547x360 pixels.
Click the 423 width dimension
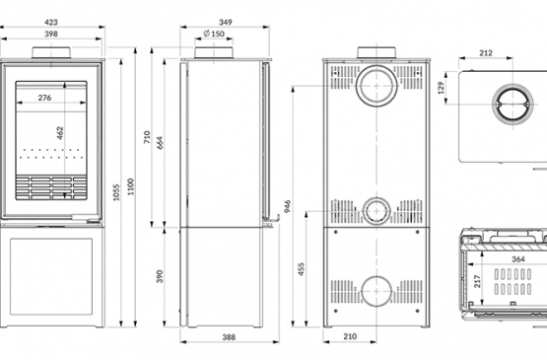click(51, 23)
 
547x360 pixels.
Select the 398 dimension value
click(51, 35)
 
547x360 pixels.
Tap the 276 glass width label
click(44, 98)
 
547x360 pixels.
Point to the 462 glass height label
click(60, 133)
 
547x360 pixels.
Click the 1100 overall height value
click(131, 186)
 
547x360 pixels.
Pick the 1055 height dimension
click(116, 192)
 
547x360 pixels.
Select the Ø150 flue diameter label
click(214, 34)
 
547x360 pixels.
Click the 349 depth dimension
click(226, 23)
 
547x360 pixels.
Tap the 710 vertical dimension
click(147, 137)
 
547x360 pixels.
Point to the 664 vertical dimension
click(160, 143)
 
